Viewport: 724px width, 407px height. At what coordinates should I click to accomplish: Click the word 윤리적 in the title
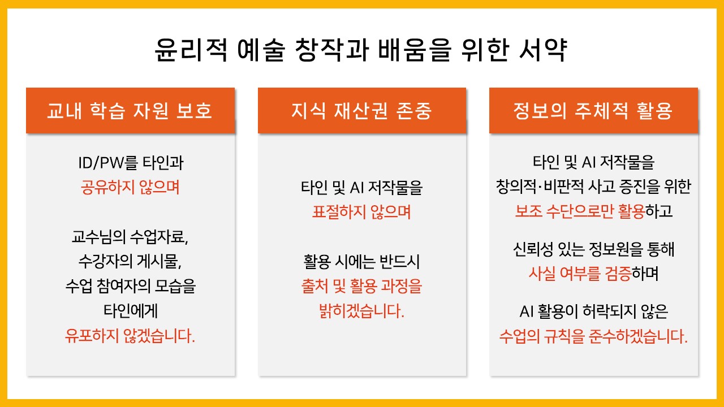pyautogui.click(x=191, y=50)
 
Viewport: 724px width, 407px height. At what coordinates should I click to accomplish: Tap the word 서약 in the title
pyautogui.click(x=543, y=50)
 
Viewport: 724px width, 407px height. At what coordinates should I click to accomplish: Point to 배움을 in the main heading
pyautogui.click(x=415, y=50)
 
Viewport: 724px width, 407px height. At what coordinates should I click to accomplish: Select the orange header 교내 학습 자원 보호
pyautogui.click(x=130, y=110)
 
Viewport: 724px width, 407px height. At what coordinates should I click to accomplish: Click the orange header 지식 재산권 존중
pyautogui.click(x=362, y=110)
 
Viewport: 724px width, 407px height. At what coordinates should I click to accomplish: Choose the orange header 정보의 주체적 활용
pyautogui.click(x=593, y=110)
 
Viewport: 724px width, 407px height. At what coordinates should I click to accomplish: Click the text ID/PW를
pyautogui.click(x=107, y=162)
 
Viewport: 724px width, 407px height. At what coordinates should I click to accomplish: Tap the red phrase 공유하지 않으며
pyautogui.click(x=130, y=187)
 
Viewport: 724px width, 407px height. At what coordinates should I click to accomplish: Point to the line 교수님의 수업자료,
pyautogui.click(x=130, y=237)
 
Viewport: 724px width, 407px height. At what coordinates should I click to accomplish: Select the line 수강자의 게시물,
pyautogui.click(x=130, y=261)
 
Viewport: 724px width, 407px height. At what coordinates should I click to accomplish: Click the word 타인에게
pyautogui.click(x=131, y=311)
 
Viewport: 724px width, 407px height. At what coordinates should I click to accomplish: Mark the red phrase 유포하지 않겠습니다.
pyautogui.click(x=130, y=336)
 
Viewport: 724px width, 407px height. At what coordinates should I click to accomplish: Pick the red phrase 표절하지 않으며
pyautogui.click(x=361, y=212)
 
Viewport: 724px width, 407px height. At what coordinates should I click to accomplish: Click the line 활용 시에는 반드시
pyautogui.click(x=361, y=262)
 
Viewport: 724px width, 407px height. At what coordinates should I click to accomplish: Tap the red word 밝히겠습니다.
pyautogui.click(x=361, y=311)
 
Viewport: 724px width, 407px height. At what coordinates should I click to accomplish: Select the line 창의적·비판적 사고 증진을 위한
pyautogui.click(x=593, y=187)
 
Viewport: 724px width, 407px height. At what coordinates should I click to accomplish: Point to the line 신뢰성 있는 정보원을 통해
pyautogui.click(x=593, y=249)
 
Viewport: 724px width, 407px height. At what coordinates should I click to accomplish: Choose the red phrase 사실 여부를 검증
pyautogui.click(x=580, y=274)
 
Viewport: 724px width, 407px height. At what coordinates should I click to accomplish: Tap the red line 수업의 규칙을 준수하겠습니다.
pyautogui.click(x=593, y=336)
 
